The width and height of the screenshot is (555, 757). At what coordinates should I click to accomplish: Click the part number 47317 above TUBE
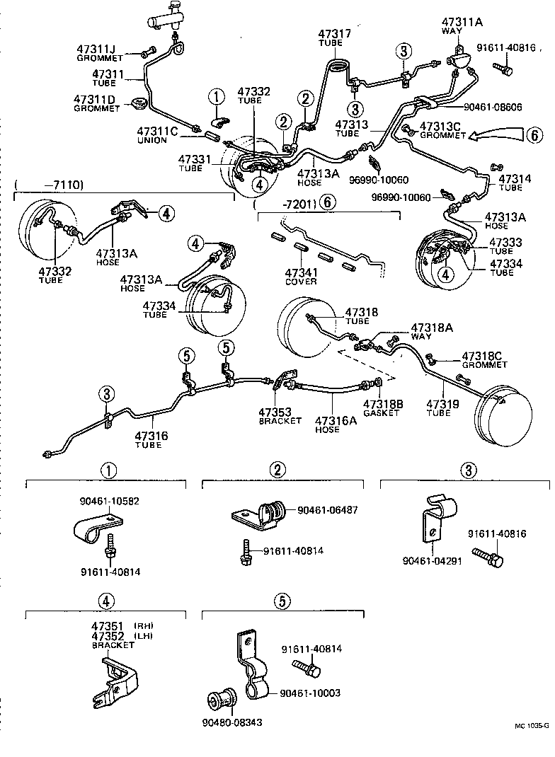334,34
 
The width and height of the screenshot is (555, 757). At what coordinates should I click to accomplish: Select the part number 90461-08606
493,107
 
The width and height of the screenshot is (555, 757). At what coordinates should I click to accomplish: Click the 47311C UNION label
157,135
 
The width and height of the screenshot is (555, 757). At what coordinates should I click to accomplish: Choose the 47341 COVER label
301,277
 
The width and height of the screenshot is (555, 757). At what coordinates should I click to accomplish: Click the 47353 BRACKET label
280,416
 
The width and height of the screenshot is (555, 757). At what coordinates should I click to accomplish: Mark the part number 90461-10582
109,501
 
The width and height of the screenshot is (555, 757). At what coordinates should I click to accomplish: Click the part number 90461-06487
328,510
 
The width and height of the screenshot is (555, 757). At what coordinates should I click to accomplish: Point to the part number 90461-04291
432,561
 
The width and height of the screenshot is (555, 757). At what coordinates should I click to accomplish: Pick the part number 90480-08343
232,722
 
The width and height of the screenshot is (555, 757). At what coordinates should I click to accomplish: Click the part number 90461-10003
310,693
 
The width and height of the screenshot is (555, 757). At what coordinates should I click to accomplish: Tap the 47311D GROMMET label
96,103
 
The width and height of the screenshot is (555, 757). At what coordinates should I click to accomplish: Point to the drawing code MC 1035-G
532,738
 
